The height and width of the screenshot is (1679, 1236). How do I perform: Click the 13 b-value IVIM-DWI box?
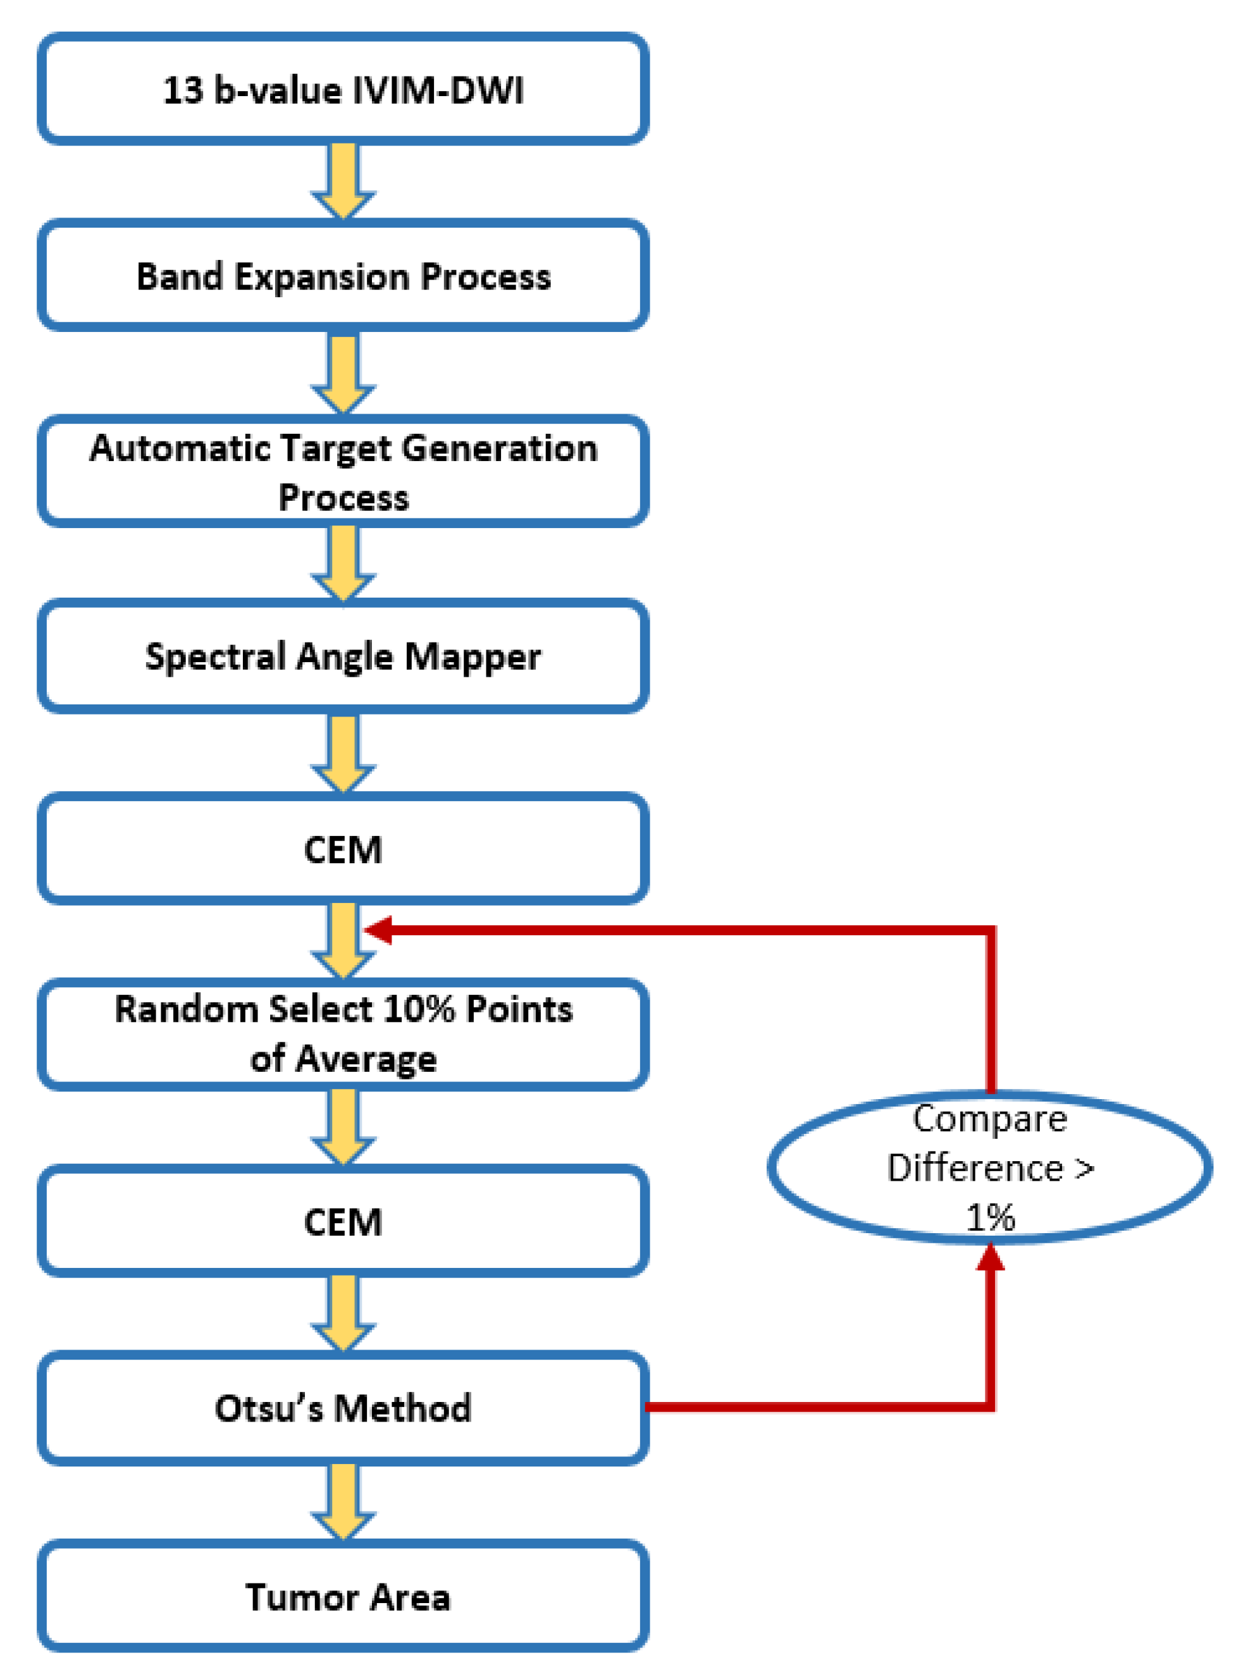(343, 89)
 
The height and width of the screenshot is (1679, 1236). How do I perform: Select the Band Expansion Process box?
(343, 276)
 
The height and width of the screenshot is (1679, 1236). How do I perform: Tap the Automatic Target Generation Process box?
(343, 471)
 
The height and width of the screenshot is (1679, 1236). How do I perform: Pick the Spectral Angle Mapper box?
(343, 656)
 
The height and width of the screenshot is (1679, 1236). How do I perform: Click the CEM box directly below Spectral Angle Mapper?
(343, 849)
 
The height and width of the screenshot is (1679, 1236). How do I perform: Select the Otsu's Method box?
(343, 1408)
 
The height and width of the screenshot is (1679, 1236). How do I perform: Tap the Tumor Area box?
(343, 1597)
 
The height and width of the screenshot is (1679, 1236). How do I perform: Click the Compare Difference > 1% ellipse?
(989, 1167)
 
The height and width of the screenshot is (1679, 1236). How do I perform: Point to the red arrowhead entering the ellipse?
(990, 1258)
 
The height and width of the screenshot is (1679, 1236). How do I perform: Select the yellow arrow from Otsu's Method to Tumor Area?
(343, 1499)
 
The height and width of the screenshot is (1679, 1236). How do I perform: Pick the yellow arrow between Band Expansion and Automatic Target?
(343, 372)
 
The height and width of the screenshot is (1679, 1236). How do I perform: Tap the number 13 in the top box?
(183, 90)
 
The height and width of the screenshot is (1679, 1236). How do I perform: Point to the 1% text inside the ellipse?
(990, 1217)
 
